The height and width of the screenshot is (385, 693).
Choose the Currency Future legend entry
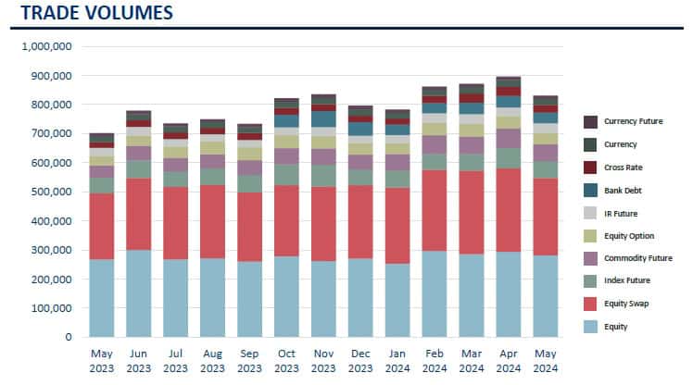click(x=636, y=121)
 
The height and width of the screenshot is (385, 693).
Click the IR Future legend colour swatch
click(x=589, y=212)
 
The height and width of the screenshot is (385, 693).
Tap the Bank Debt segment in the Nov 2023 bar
click(x=323, y=118)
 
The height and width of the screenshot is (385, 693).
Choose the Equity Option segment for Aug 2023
click(x=212, y=148)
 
